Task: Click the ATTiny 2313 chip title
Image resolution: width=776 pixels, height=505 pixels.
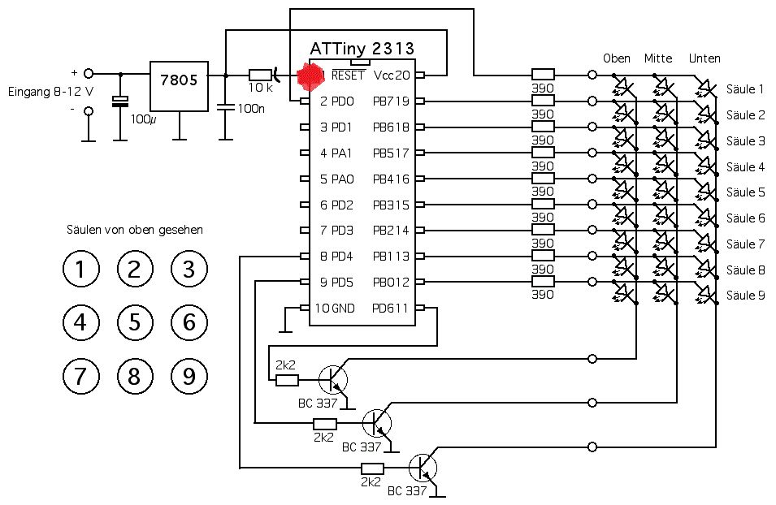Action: click(x=362, y=48)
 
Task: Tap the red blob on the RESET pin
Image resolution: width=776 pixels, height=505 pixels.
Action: click(x=310, y=76)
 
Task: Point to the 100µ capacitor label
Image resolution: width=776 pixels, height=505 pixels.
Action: click(x=142, y=119)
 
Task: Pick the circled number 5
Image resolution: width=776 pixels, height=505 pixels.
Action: click(x=135, y=323)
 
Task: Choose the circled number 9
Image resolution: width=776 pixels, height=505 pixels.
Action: click(x=189, y=376)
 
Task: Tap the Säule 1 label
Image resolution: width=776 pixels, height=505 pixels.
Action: click(x=745, y=89)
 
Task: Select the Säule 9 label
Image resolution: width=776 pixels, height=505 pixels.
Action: click(x=745, y=296)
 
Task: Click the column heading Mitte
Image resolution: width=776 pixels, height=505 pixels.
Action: click(x=658, y=58)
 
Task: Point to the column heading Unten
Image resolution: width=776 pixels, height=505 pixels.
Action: click(x=704, y=58)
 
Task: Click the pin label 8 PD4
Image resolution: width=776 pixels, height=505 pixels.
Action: click(x=336, y=257)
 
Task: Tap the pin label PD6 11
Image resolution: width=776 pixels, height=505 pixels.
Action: click(x=391, y=309)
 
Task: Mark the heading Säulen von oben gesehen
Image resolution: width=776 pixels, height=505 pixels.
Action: click(x=134, y=230)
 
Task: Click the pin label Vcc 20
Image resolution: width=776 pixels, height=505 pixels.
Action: click(x=391, y=76)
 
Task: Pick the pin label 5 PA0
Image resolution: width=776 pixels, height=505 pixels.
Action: click(x=336, y=179)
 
